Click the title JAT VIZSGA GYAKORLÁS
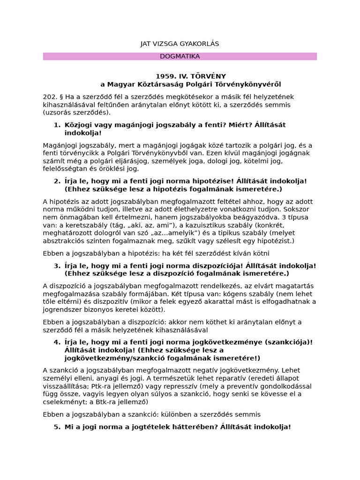click(180, 44)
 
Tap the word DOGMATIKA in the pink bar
click(180, 56)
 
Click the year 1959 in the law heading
click(165, 76)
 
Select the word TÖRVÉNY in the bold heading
click(209, 76)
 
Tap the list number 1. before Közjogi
click(57, 125)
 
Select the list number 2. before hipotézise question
click(57, 181)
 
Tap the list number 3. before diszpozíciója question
click(57, 265)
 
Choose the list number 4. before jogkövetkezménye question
click(57, 342)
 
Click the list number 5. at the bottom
click(57, 427)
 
